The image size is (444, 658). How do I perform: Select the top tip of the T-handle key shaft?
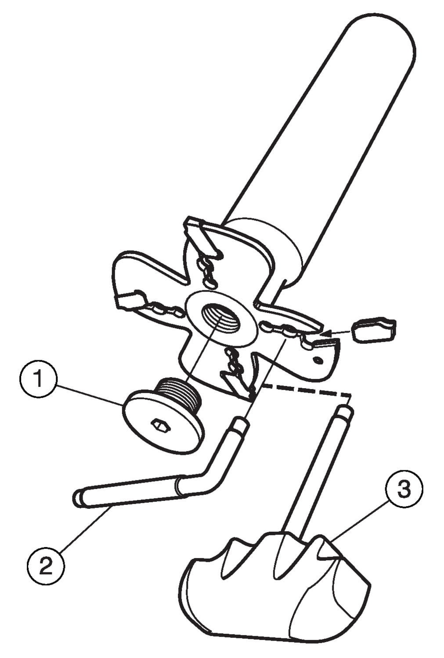[344, 411]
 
